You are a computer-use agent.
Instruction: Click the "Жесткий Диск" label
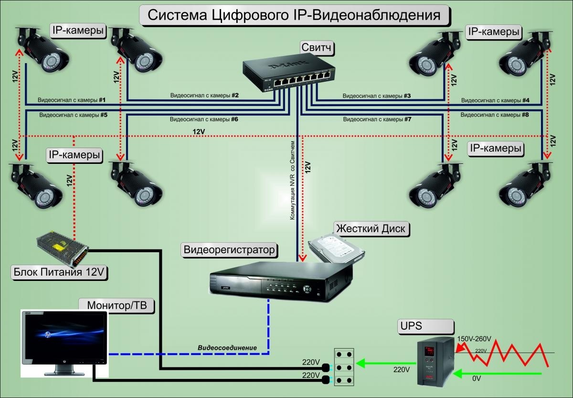point(371,228)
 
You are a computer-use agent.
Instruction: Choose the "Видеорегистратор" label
point(230,249)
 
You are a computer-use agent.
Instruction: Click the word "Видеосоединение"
point(227,347)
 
